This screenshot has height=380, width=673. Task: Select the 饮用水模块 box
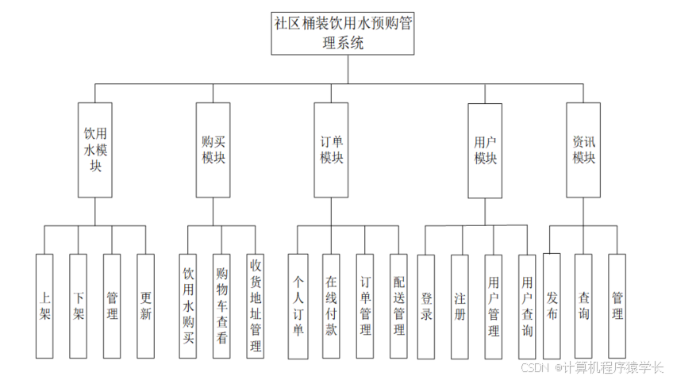point(94,149)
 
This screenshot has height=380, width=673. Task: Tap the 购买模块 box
point(213,149)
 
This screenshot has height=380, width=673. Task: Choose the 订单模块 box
point(331,149)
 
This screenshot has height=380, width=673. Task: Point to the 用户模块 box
point(485,149)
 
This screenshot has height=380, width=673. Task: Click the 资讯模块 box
point(583,149)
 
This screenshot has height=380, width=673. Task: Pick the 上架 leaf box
point(44,305)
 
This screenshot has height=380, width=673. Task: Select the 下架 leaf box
point(78,305)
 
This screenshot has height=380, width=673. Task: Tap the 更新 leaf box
point(145,305)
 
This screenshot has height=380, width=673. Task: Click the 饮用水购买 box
point(188,305)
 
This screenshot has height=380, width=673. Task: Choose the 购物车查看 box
point(222,305)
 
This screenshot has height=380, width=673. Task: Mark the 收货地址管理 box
point(256,305)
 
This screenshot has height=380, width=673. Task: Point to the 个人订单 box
point(298,305)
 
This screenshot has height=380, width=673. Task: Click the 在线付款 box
point(331,305)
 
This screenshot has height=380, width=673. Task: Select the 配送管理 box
point(398,305)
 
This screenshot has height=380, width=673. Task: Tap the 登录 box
point(426,305)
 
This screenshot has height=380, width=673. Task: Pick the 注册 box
point(460,305)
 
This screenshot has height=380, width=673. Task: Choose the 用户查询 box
point(527,305)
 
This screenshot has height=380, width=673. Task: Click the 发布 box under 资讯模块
point(552,305)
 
